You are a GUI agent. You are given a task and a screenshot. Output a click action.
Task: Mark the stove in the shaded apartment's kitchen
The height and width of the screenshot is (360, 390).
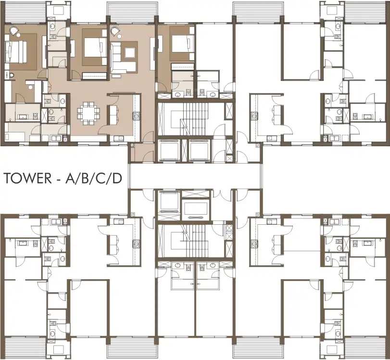136,115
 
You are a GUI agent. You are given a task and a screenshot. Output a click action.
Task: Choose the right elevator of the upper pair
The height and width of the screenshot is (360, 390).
199,151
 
